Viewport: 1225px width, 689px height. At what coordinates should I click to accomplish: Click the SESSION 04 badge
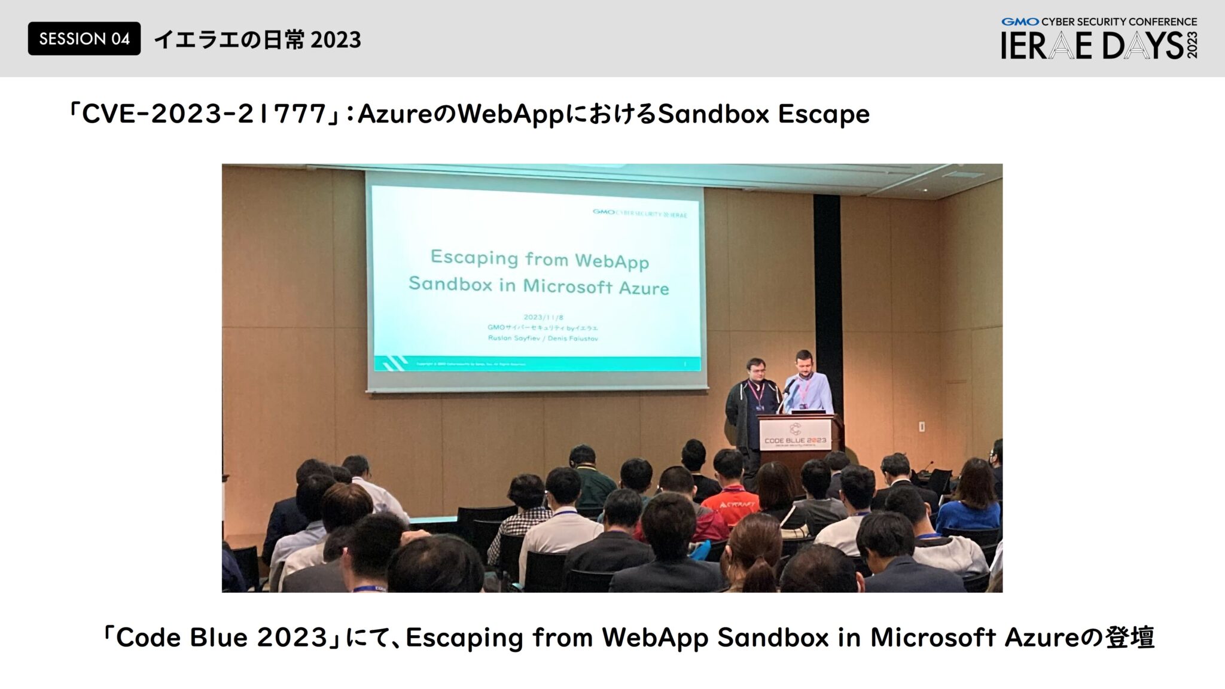pyautogui.click(x=84, y=39)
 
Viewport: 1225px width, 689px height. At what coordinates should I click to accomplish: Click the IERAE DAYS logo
pyautogui.click(x=1099, y=39)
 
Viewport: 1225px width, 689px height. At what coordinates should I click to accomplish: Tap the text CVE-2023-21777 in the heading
pyautogui.click(x=203, y=114)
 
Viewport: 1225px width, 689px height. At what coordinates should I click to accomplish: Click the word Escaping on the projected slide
pyautogui.click(x=474, y=258)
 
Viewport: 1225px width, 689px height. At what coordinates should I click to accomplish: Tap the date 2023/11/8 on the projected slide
pyautogui.click(x=543, y=317)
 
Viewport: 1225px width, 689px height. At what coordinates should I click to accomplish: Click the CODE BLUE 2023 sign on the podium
pyautogui.click(x=795, y=437)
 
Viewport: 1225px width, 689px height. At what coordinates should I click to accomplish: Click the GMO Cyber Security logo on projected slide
pyautogui.click(x=639, y=214)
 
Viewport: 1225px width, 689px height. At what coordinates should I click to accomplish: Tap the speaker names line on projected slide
pyautogui.click(x=543, y=338)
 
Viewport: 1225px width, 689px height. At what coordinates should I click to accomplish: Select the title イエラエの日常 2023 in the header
pyautogui.click(x=258, y=40)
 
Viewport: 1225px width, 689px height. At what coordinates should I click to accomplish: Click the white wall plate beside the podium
pyautogui.click(x=922, y=426)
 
